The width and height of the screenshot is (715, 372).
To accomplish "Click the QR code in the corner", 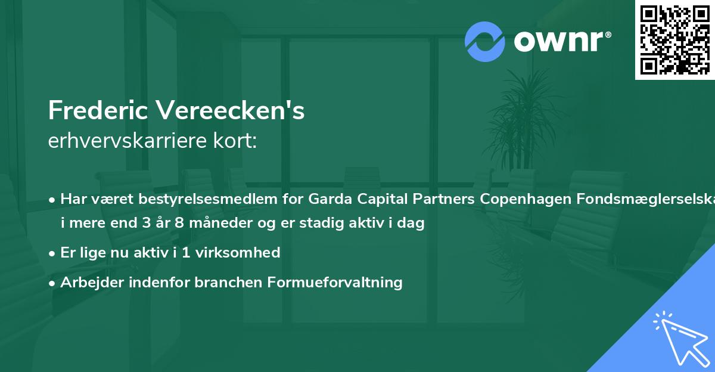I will [674, 39].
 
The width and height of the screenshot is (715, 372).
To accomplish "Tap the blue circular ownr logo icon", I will [485, 41].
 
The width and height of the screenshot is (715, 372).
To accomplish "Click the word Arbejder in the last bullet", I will [88, 282].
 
